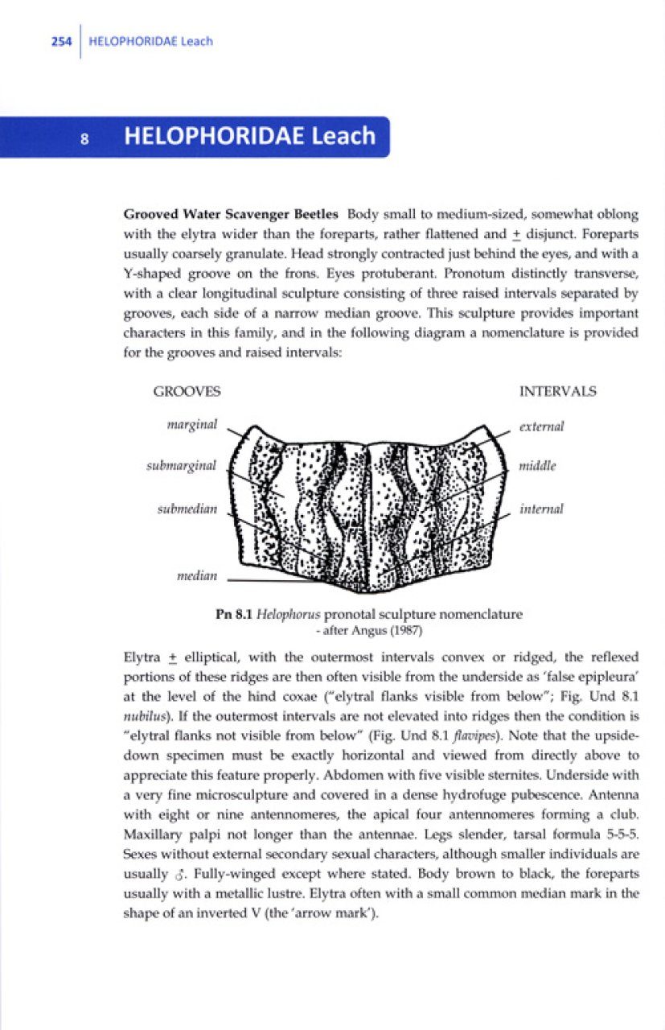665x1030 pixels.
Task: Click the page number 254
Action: click(x=61, y=41)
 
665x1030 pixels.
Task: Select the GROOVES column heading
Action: click(x=187, y=392)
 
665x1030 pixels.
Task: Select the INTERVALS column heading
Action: click(x=557, y=392)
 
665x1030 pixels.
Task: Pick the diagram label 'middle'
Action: click(x=537, y=466)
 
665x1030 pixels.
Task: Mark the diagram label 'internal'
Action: click(x=541, y=509)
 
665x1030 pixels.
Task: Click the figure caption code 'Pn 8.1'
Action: click(x=233, y=614)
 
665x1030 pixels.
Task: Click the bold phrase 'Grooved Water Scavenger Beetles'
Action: click(x=233, y=216)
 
